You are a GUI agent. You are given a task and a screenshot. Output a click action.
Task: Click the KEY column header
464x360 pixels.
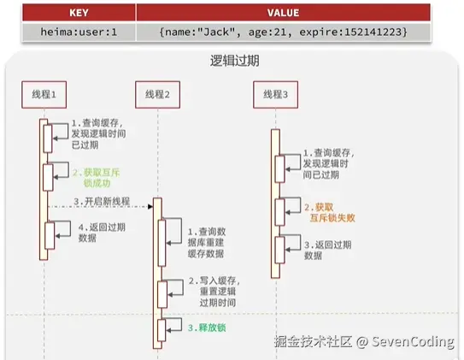pyautogui.click(x=79, y=13)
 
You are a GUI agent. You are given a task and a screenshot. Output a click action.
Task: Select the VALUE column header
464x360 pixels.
pyautogui.click(x=283, y=13)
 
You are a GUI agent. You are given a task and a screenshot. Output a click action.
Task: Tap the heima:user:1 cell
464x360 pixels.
pyautogui.click(x=79, y=32)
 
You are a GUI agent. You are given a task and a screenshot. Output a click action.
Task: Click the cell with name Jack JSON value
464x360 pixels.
pyautogui.click(x=283, y=32)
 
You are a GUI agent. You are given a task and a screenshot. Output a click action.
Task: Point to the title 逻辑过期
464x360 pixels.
pyautogui.click(x=235, y=61)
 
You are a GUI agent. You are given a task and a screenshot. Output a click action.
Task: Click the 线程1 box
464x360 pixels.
pyautogui.click(x=44, y=94)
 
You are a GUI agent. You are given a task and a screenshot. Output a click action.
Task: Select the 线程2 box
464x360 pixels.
pyautogui.click(x=158, y=94)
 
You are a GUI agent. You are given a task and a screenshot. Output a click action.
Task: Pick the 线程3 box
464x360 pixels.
pyautogui.click(x=275, y=94)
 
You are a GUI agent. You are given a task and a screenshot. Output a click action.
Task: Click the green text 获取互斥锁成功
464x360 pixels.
pyautogui.click(x=97, y=178)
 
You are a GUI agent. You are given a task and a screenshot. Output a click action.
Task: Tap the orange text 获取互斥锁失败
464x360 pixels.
pyautogui.click(x=330, y=213)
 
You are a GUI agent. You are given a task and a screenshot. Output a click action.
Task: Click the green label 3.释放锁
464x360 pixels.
pyautogui.click(x=207, y=328)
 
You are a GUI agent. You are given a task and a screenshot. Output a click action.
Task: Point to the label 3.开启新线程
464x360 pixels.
pyautogui.click(x=102, y=201)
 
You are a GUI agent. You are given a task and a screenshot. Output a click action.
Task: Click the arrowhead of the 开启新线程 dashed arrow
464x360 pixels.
pyautogui.click(x=150, y=206)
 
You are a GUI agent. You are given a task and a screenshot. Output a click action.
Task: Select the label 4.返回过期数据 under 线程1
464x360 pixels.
pyautogui.click(x=102, y=233)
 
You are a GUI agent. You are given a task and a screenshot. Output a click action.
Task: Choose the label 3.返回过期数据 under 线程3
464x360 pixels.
pyautogui.click(x=328, y=251)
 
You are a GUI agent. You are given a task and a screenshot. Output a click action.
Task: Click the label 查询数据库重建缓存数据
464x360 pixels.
pyautogui.click(x=207, y=243)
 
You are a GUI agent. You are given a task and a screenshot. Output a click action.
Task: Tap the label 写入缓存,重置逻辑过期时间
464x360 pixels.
pyautogui.click(x=214, y=292)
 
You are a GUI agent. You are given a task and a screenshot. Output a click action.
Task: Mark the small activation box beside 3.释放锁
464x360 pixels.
pyautogui.click(x=162, y=330)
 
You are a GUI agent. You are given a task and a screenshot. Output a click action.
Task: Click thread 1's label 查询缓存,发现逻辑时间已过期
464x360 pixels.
pyautogui.click(x=99, y=133)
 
